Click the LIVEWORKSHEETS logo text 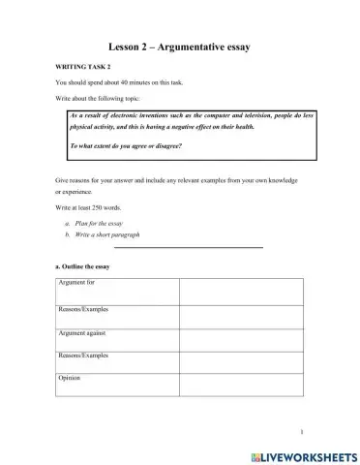(303, 453)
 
